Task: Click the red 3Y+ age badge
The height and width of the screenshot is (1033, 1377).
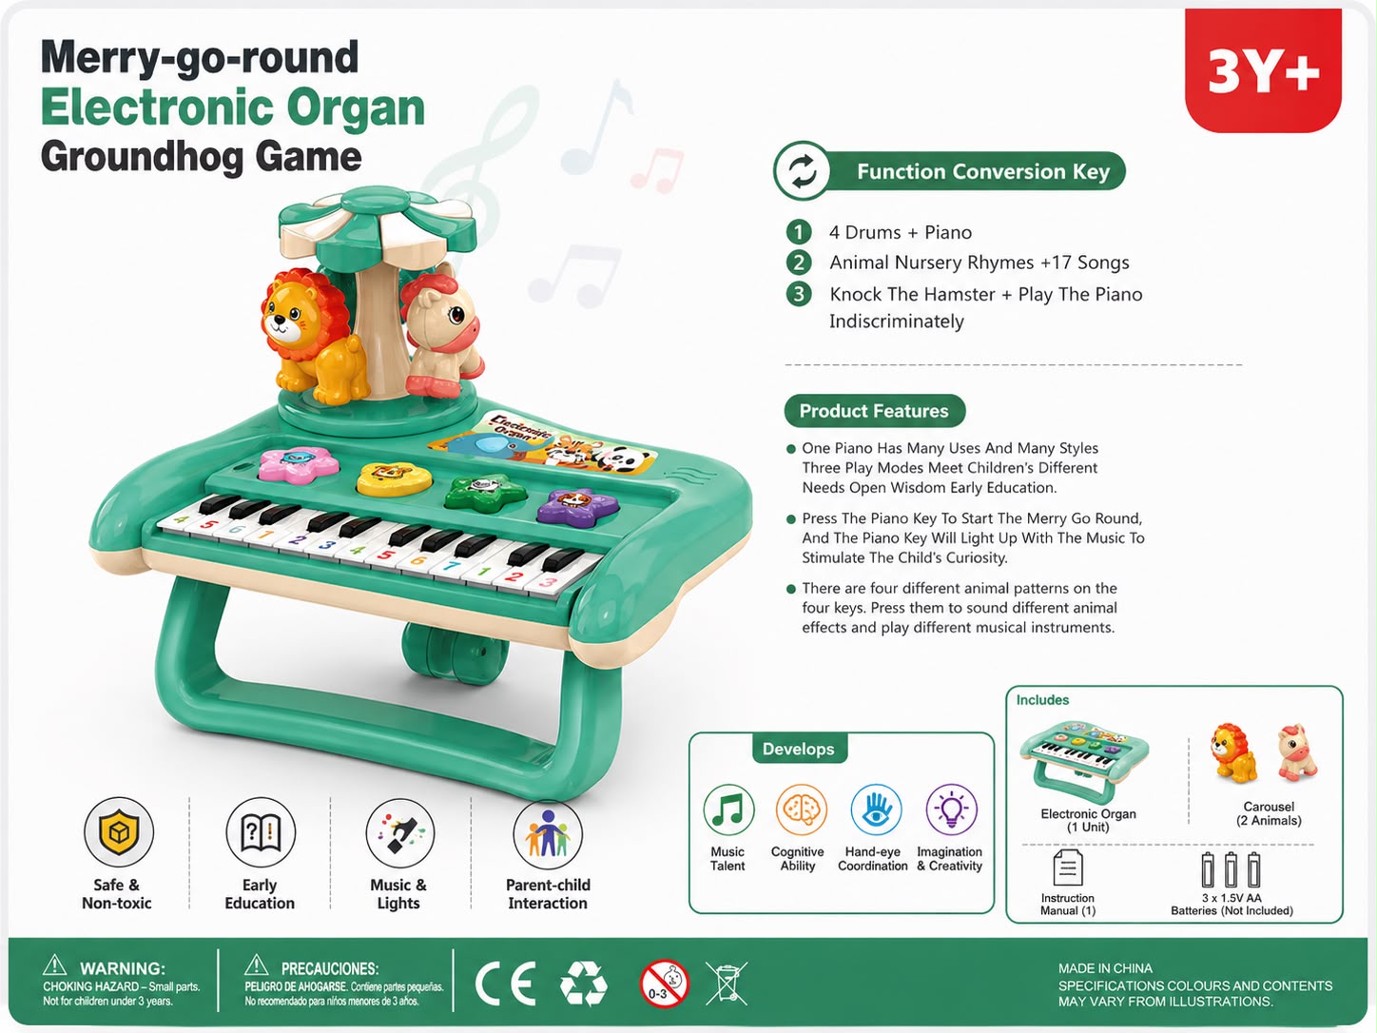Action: point(1263,70)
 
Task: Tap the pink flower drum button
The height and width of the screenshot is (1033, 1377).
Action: point(298,465)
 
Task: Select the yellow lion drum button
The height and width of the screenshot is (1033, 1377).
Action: point(394,479)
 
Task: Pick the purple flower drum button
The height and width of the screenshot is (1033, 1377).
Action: point(577,506)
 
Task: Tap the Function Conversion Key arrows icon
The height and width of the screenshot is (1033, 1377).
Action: point(803,171)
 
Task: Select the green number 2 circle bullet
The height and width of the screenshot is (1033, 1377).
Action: point(799,263)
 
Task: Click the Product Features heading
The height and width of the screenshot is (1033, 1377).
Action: point(875,411)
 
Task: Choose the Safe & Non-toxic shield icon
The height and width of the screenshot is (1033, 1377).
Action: point(119,832)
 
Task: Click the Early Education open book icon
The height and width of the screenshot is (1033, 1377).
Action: point(261,832)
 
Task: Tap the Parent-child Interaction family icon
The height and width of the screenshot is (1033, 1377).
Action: point(548,834)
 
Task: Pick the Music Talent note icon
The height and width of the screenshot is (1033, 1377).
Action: point(728,809)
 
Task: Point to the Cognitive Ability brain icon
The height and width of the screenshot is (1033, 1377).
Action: point(801,809)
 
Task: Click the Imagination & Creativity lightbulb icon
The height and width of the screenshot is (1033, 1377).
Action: point(952,809)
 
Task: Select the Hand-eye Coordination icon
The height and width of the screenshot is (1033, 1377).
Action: point(877,809)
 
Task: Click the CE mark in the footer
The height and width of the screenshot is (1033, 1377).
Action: point(506,984)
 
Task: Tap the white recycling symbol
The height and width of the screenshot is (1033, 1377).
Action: point(584,984)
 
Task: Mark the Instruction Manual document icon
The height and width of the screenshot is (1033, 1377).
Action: point(1068,868)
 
